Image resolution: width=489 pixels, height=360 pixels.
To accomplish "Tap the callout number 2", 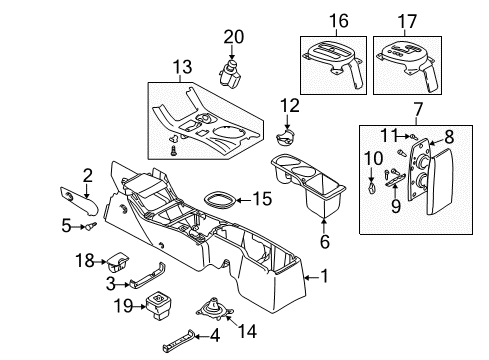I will click(x=88, y=175).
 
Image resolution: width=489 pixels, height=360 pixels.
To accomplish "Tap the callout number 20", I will click(x=233, y=36).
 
